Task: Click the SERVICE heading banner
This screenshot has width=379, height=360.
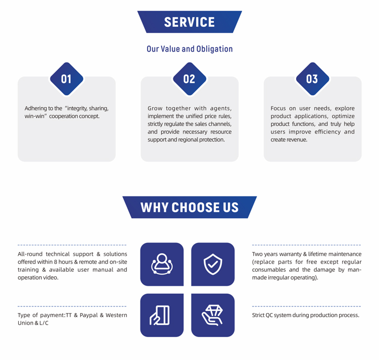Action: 189,22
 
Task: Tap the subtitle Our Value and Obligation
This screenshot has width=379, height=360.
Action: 189,49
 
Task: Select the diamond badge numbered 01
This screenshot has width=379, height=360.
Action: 67,79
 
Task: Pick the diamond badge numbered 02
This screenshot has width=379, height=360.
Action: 189,79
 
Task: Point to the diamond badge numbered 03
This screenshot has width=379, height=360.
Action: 312,79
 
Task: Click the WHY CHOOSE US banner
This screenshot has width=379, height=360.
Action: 189,207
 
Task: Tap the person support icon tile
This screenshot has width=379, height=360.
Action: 162,264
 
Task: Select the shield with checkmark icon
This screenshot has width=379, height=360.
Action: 213,264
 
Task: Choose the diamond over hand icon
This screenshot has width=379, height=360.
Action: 212,316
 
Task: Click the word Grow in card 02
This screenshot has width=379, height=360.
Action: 155,108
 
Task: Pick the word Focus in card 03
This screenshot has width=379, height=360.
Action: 278,108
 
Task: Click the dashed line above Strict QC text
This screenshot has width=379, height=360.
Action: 307,306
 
